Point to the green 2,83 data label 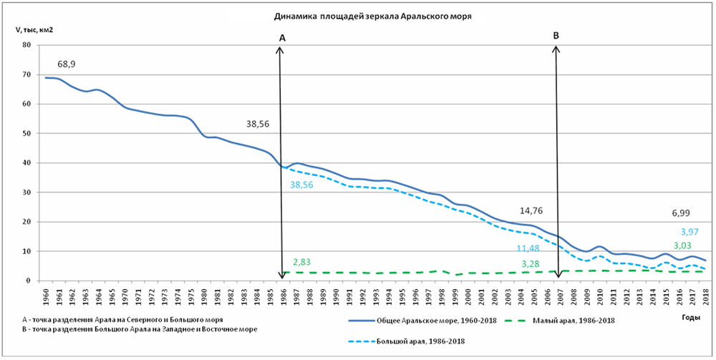[302, 263]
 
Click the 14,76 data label [533, 212]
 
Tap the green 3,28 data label [529, 264]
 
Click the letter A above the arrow [282, 37]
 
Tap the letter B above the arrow [556, 34]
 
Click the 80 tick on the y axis [27, 45]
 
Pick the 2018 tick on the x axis [706, 295]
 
